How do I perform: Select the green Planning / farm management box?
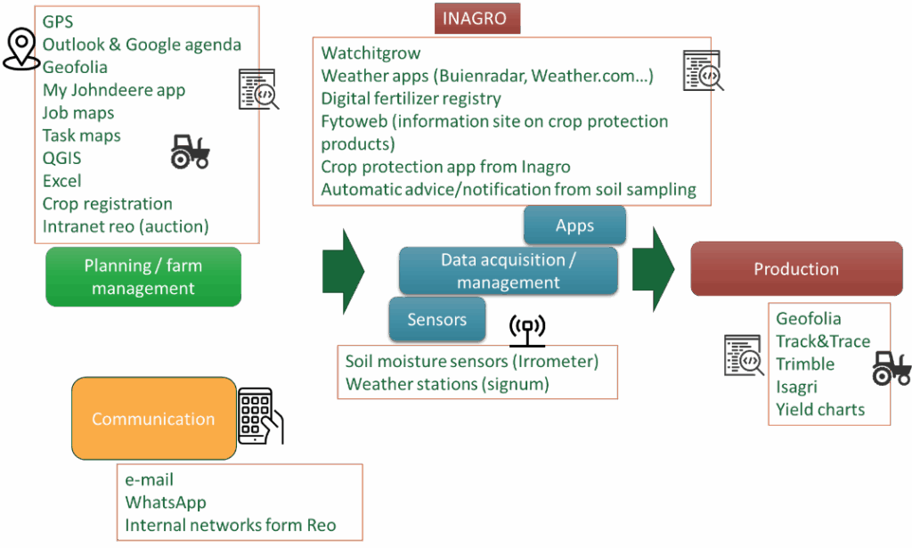[143, 276]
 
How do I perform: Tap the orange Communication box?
[153, 419]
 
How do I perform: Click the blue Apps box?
[574, 225]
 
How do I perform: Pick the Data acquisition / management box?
[508, 271]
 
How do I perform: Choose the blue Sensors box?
[438, 319]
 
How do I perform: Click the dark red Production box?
[796, 269]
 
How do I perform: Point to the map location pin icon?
[21, 48]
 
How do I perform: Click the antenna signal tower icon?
[527, 330]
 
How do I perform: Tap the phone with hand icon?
[260, 416]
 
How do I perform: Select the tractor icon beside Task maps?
[191, 151]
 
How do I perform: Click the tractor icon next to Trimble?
[891, 368]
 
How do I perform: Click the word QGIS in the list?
[62, 159]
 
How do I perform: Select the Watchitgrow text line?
[358, 54]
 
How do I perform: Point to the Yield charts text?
[820, 410]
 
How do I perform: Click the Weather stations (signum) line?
[447, 384]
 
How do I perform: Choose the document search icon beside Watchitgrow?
[703, 70]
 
